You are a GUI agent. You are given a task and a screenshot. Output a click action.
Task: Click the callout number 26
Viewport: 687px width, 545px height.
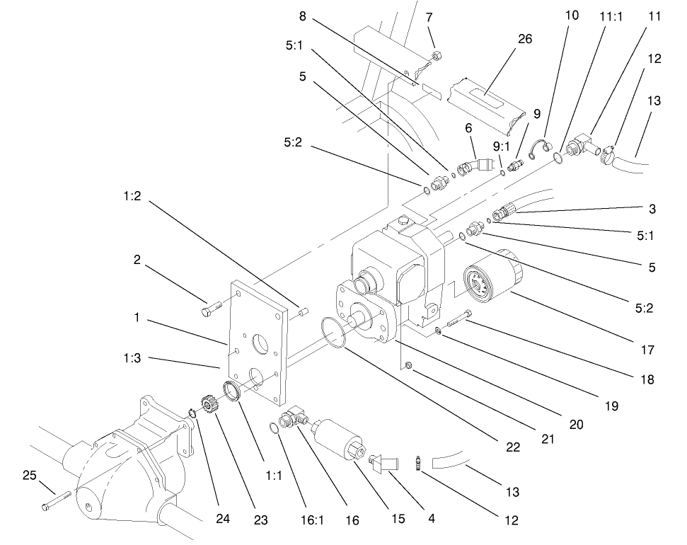[x=524, y=39]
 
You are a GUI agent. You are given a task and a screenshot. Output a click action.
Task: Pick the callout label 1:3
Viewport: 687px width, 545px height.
[x=132, y=358]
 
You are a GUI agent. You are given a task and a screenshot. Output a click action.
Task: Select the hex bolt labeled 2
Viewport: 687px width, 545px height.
[x=210, y=309]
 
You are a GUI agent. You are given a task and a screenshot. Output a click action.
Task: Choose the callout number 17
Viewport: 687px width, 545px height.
[x=648, y=350]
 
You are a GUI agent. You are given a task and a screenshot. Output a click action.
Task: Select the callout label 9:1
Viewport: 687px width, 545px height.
[x=501, y=148]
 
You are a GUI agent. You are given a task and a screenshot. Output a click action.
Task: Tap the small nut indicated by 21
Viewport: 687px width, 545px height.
[x=409, y=365]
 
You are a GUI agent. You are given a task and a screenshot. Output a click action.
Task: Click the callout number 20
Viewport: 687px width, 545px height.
[x=576, y=424]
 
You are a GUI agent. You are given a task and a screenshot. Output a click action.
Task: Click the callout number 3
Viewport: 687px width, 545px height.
[x=652, y=210]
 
